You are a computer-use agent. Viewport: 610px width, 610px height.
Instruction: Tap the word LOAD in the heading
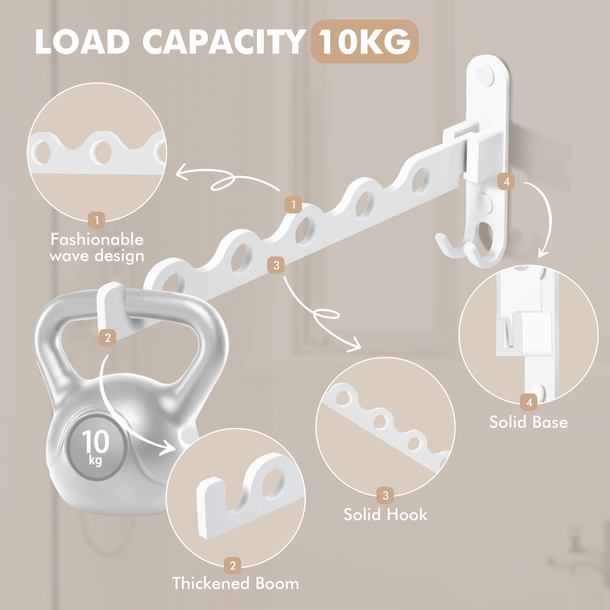pyautogui.click(x=83, y=42)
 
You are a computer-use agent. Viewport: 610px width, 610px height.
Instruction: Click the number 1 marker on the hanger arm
pyautogui.click(x=293, y=205)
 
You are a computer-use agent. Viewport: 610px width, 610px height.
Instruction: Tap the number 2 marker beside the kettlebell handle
pyautogui.click(x=107, y=338)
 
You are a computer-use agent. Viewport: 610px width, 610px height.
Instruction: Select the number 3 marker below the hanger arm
pyautogui.click(x=276, y=265)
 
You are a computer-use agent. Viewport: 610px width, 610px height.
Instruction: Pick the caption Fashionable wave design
pyautogui.click(x=97, y=248)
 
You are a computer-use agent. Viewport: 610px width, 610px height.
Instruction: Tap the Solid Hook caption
pyautogui.click(x=385, y=515)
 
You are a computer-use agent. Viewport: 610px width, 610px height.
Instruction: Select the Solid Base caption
pyautogui.click(x=529, y=422)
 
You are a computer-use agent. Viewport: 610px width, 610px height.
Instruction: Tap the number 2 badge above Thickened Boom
pyautogui.click(x=233, y=565)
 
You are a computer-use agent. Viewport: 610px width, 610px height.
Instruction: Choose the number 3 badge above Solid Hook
pyautogui.click(x=385, y=495)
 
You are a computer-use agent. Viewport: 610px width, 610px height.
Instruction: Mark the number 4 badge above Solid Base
pyautogui.click(x=529, y=402)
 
